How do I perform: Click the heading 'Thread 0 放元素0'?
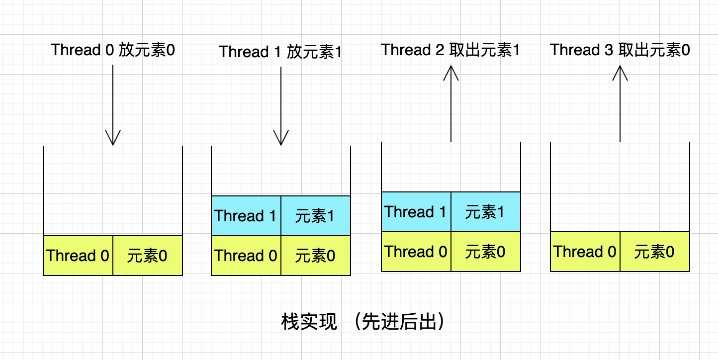click(x=113, y=50)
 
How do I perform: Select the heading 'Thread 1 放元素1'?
click(x=280, y=52)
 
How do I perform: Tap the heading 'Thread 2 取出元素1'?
click(x=450, y=50)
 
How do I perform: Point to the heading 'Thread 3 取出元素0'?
click(x=620, y=50)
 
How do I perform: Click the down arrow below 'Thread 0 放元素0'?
click(x=113, y=105)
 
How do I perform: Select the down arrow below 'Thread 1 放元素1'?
click(x=281, y=106)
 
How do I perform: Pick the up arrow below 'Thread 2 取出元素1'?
click(x=451, y=104)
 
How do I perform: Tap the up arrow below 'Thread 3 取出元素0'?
click(x=620, y=104)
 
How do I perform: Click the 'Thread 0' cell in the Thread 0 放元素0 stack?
click(x=78, y=256)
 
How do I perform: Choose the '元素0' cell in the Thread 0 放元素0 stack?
click(x=148, y=256)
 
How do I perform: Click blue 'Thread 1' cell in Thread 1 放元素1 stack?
click(x=246, y=216)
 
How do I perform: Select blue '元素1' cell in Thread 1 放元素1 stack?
click(x=316, y=216)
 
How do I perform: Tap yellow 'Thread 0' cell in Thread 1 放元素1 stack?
click(x=246, y=256)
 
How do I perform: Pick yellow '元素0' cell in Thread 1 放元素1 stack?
click(x=316, y=256)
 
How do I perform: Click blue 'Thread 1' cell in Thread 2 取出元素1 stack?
click(x=416, y=212)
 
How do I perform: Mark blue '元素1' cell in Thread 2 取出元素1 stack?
click(x=486, y=212)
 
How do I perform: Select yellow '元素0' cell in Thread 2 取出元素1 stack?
click(x=486, y=252)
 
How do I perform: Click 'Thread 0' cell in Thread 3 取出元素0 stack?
click(x=585, y=252)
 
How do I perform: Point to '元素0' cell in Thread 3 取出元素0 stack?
click(x=655, y=252)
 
